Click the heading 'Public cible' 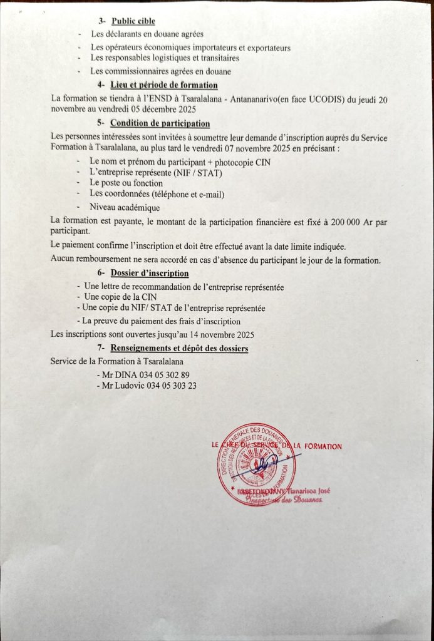[x=133, y=21]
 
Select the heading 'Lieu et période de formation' [x=164, y=85]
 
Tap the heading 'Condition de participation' [x=160, y=123]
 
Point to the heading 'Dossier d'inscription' [x=150, y=273]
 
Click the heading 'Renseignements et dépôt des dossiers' [x=179, y=348]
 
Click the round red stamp [x=257, y=464]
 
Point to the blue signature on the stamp [x=262, y=462]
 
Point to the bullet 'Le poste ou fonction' [x=126, y=183]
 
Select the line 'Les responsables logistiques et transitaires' [x=165, y=58]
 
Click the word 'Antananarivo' [x=241, y=98]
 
